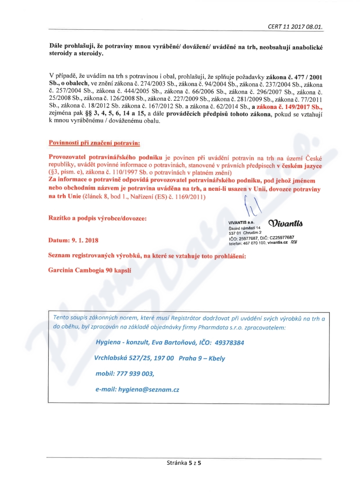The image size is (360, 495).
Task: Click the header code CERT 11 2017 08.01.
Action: pyautogui.click(x=302, y=26)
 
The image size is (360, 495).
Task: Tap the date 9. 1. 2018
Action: pyautogui.click(x=85, y=241)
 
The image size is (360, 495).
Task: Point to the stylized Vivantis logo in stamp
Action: pyautogui.click(x=285, y=223)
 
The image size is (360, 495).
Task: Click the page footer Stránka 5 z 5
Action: pyautogui.click(x=184, y=462)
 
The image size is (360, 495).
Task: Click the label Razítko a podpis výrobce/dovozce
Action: pyautogui.click(x=97, y=218)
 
